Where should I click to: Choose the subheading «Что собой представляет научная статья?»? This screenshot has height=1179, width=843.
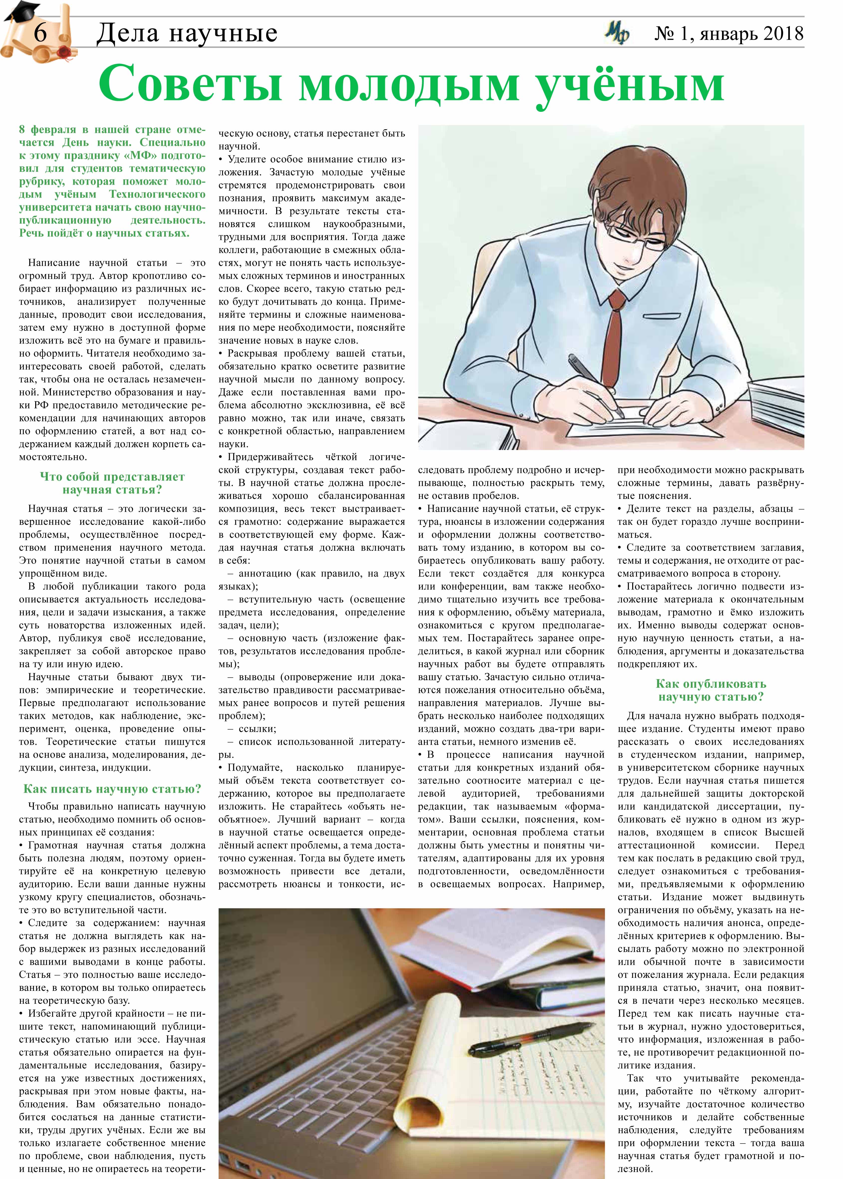click(x=112, y=483)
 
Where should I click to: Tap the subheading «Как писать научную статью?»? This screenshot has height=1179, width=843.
click(x=112, y=789)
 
